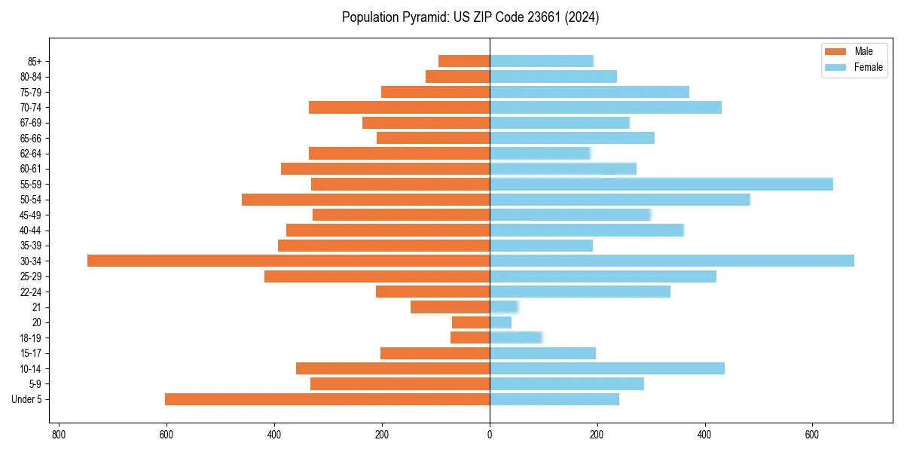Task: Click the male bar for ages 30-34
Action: [x=289, y=261]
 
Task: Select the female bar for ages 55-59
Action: [x=661, y=184]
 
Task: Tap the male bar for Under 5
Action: [x=327, y=399]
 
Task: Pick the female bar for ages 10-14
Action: [x=607, y=368]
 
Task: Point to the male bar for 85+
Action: [x=464, y=61]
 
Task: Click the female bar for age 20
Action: [x=501, y=322]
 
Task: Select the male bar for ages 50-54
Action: [x=365, y=200]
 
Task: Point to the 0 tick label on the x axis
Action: [x=490, y=435]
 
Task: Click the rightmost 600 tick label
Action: [x=812, y=435]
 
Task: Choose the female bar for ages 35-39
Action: [x=542, y=246]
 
